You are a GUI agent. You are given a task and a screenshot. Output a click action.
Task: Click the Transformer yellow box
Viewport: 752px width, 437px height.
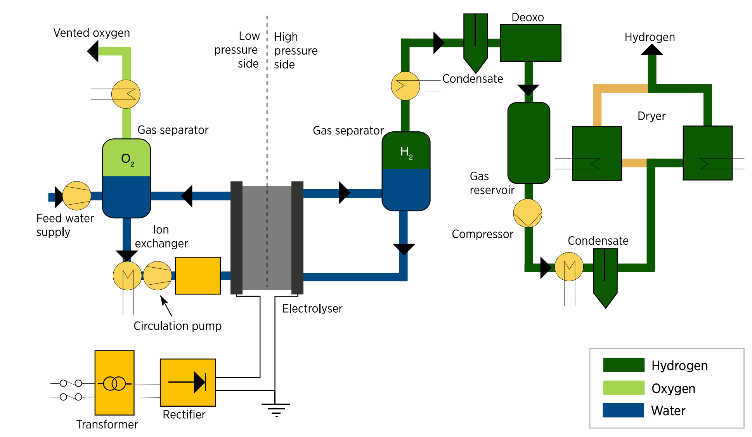[114, 383]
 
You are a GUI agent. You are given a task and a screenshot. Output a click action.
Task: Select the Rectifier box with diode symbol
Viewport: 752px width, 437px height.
[188, 382]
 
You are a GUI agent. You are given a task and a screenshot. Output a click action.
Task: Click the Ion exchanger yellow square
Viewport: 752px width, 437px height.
[198, 275]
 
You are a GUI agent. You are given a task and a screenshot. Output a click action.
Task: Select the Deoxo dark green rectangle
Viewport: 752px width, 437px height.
[530, 43]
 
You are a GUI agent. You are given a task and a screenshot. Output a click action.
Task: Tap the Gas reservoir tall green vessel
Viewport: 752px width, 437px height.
[529, 143]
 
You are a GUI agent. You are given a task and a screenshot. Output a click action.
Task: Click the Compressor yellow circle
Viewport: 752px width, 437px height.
[527, 213]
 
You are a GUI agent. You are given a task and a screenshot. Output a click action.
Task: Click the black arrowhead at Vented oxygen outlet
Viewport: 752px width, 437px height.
[93, 51]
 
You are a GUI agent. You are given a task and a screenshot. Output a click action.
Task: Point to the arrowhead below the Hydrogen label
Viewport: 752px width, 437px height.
[652, 50]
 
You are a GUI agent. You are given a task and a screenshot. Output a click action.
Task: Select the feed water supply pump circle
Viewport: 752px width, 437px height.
[77, 196]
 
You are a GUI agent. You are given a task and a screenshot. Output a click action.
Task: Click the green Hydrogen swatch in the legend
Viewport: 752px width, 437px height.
[624, 365]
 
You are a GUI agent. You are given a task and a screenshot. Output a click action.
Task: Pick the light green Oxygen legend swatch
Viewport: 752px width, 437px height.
[624, 388]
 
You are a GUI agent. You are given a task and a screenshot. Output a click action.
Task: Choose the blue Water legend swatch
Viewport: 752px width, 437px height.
[624, 410]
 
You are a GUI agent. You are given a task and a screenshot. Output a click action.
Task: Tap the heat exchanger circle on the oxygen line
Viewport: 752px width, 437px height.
[126, 94]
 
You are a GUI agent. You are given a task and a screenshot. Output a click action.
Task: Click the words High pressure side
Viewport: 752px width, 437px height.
[295, 50]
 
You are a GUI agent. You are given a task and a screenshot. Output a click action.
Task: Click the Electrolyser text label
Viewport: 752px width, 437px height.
[312, 308]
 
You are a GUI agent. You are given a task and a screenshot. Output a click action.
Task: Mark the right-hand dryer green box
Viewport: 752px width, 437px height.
[707, 153]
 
